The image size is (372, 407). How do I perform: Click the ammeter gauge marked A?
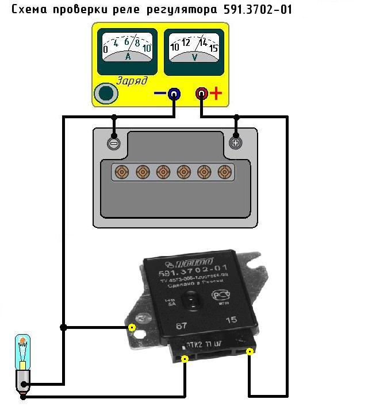click(127, 50)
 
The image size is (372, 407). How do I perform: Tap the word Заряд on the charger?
click(132, 81)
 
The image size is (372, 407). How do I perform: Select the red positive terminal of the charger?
click(201, 94)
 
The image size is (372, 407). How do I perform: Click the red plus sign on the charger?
click(216, 94)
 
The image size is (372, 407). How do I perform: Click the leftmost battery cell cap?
click(121, 172)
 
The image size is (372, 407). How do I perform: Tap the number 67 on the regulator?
click(182, 326)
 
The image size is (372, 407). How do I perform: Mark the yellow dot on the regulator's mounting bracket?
click(132, 328)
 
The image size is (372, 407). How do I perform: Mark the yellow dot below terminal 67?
click(185, 359)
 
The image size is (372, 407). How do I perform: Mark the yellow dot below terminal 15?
click(250, 351)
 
